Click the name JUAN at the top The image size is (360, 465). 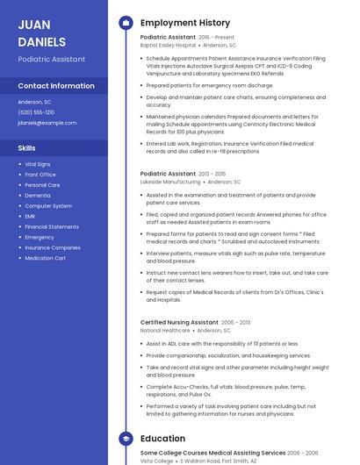[x=34, y=25]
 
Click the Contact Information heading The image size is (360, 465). [x=56, y=86]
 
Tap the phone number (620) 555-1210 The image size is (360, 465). [x=36, y=112]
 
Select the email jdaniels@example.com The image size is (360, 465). [x=47, y=123]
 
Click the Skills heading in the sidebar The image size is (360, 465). [x=27, y=148]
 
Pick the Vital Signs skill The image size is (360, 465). [x=38, y=164]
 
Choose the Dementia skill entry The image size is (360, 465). [x=37, y=196]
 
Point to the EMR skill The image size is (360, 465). [x=30, y=216]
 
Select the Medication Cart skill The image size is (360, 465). [x=45, y=258]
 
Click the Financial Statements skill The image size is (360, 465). [x=52, y=226]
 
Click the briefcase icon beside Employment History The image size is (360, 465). [x=126, y=22]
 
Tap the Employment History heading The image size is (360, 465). [x=185, y=22]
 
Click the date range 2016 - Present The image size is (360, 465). [x=217, y=38]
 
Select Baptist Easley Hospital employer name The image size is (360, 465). [x=168, y=46]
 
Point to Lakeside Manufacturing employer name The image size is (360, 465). [x=169, y=182]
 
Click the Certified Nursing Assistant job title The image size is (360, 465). [x=180, y=322]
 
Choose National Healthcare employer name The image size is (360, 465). [x=165, y=331]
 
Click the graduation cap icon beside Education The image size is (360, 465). [x=126, y=438]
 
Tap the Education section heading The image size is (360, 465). [x=162, y=438]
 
